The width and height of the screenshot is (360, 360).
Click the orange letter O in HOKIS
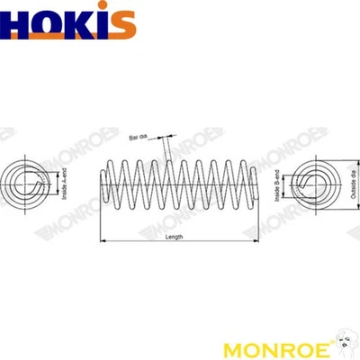[x=50, y=23]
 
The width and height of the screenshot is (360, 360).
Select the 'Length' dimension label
[x=175, y=237]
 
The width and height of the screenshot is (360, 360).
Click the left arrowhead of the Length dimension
[x=100, y=241]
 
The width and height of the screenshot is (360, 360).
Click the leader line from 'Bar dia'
[x=166, y=147]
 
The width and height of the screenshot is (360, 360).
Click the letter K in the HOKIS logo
[x=79, y=23]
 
